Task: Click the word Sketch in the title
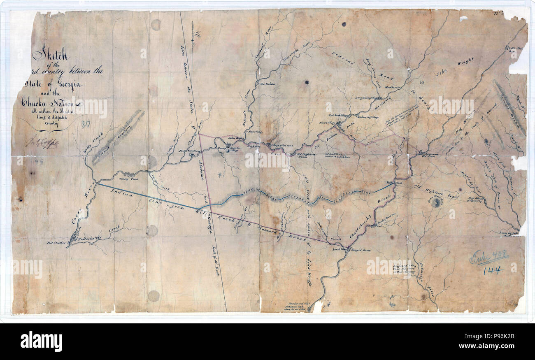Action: click(x=50, y=54)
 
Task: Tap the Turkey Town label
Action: click(x=127, y=179)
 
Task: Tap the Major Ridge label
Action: click(x=254, y=132)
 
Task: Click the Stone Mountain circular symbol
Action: click(x=435, y=202)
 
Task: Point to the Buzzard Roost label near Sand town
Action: click(x=361, y=250)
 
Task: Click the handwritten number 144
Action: click(x=493, y=270)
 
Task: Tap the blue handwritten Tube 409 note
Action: click(x=488, y=257)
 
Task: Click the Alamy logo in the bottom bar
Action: click(x=41, y=341)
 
